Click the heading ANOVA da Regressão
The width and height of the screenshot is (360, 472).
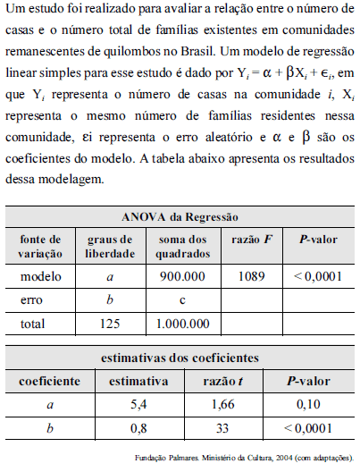tap(179, 217)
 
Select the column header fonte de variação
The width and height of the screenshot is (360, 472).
tap(41, 246)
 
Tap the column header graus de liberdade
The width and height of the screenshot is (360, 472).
tap(110, 246)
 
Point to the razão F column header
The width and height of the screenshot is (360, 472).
tap(253, 240)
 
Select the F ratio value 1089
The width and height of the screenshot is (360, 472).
tap(253, 276)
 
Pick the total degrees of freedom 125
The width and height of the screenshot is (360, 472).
tap(110, 323)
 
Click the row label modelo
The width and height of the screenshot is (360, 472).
tap(41, 276)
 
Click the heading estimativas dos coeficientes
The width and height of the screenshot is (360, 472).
tap(179, 358)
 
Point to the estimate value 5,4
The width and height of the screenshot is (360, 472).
tap(138, 405)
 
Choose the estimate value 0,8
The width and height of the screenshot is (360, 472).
tap(138, 428)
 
